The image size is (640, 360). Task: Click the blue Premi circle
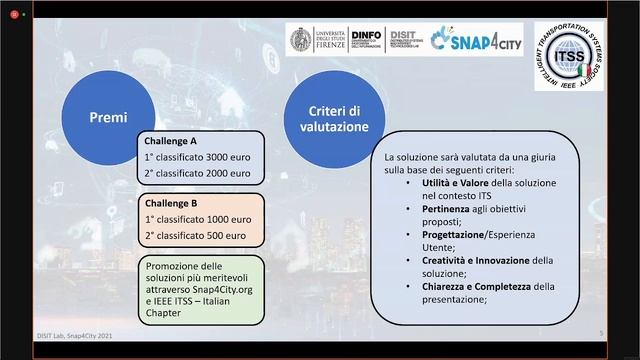click(109, 117)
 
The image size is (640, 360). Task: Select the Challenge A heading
click(171, 141)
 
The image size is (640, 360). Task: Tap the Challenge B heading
click(171, 203)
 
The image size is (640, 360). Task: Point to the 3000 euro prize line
click(197, 157)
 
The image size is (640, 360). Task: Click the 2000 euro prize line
click(197, 173)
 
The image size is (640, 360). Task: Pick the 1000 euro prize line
click(197, 219)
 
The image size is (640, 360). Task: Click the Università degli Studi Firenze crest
click(299, 39)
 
